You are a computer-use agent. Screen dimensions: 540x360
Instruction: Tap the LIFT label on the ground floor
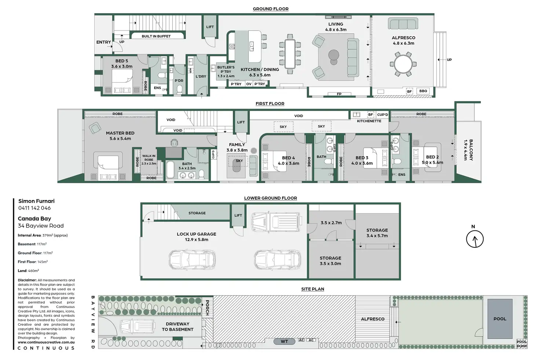click(x=210, y=27)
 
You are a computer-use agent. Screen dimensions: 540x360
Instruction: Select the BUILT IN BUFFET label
click(x=156, y=36)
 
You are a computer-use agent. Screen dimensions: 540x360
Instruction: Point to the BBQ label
click(x=423, y=91)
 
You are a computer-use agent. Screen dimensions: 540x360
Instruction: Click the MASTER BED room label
click(x=120, y=133)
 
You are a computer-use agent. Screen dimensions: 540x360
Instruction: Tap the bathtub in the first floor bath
click(x=170, y=170)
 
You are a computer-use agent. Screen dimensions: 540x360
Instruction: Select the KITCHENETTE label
click(x=369, y=121)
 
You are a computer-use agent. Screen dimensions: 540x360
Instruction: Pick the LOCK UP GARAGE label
click(x=196, y=234)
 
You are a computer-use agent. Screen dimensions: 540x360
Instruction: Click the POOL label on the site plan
click(x=500, y=319)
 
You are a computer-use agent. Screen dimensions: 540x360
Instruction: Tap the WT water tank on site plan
click(x=284, y=341)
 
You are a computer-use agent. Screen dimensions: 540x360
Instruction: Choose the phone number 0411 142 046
click(x=34, y=208)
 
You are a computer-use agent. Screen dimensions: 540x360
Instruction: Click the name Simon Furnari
click(x=36, y=201)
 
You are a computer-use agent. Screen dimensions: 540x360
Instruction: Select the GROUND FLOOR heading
click(x=270, y=9)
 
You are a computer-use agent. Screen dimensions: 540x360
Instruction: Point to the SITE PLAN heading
click(x=313, y=289)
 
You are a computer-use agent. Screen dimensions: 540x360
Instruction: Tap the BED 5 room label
click(x=122, y=61)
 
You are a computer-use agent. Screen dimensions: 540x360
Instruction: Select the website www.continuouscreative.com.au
click(x=46, y=342)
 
